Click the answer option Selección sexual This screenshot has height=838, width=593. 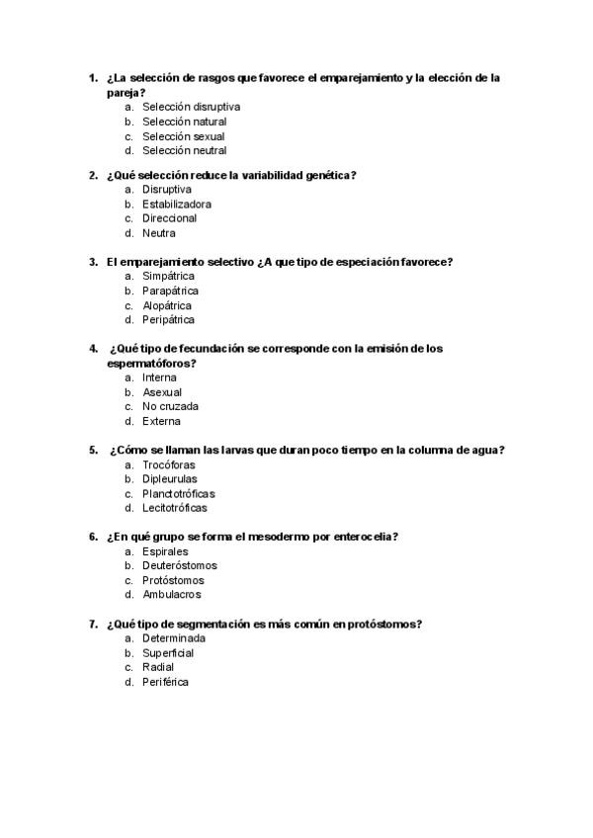click(x=183, y=136)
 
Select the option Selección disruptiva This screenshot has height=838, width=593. click(x=191, y=107)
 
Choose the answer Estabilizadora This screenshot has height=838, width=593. click(x=177, y=205)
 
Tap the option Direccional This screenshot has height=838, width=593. click(x=169, y=218)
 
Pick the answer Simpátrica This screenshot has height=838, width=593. click(x=168, y=277)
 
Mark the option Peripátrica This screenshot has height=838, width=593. click(x=168, y=320)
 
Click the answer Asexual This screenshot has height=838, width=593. click(x=162, y=392)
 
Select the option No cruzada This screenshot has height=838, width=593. click(x=170, y=406)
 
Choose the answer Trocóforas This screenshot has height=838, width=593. click(x=168, y=464)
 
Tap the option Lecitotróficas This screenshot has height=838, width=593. click(x=175, y=508)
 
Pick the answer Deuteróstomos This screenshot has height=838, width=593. click(x=180, y=566)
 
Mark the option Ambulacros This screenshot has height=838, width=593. click(x=172, y=595)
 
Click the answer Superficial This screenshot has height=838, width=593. click(x=168, y=653)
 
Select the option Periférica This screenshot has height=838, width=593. click(x=165, y=682)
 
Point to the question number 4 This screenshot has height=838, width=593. click(x=93, y=349)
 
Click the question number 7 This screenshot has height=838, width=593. click(x=93, y=625)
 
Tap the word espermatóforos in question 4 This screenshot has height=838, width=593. click(x=148, y=364)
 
